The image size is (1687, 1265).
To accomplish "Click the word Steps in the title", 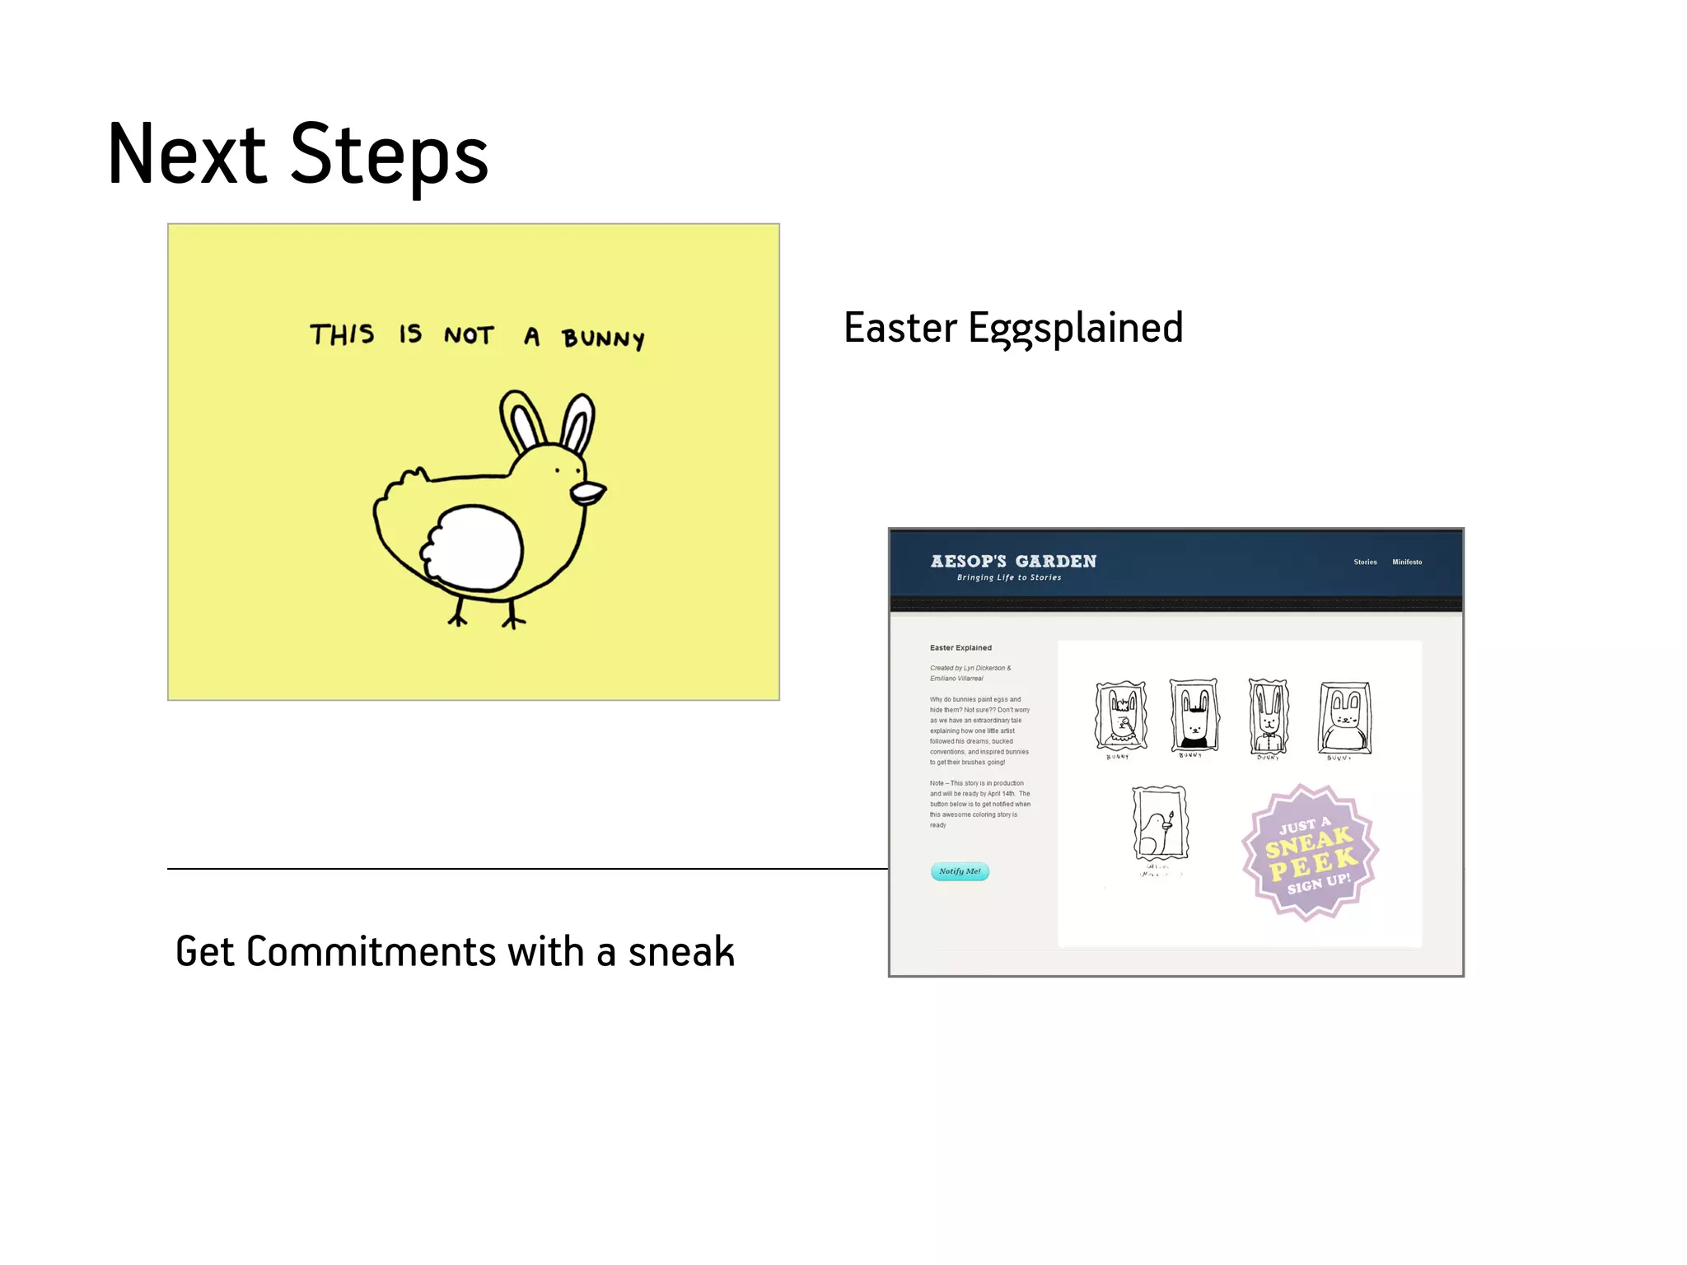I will pos(389,155).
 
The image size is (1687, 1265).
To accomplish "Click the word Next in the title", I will pos(187,155).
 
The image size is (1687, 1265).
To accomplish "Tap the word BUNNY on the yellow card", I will pos(603,338).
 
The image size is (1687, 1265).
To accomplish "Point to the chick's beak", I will pos(588,492).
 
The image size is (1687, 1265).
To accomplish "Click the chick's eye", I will pos(558,470).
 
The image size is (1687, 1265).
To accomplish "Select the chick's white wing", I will pos(473,548).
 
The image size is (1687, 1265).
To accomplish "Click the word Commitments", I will pos(371,952).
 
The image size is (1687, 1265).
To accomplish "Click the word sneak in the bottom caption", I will pos(680,952).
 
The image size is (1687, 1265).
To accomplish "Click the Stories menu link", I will pos(1365,562).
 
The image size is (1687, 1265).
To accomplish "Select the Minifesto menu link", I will pos(1407,562).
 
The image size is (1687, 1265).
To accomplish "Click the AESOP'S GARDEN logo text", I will pos(1013,561).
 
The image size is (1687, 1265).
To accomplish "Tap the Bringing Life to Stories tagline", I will pos(1008,577).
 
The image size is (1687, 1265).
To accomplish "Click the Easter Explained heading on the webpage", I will pos(960,647).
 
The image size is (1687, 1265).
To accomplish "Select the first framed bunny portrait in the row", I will pos(1121,715).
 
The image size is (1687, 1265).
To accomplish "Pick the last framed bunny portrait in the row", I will pos(1344,717).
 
